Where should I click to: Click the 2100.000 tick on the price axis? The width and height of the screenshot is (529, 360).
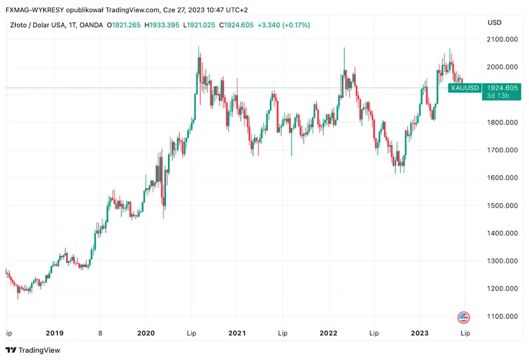503,40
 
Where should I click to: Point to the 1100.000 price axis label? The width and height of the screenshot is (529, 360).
503,316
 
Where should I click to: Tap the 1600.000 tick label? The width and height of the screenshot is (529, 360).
503,178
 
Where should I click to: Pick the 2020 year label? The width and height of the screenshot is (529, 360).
145,334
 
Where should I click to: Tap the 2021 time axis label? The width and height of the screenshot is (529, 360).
237,334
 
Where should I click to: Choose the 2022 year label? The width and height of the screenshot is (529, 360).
329,334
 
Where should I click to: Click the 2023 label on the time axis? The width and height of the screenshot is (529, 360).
421,334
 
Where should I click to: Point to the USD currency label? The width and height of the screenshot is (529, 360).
495,22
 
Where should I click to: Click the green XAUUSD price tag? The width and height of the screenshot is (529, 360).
464,87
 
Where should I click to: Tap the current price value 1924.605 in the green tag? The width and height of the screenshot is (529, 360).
503,87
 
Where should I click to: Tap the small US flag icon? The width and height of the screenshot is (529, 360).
464,316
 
